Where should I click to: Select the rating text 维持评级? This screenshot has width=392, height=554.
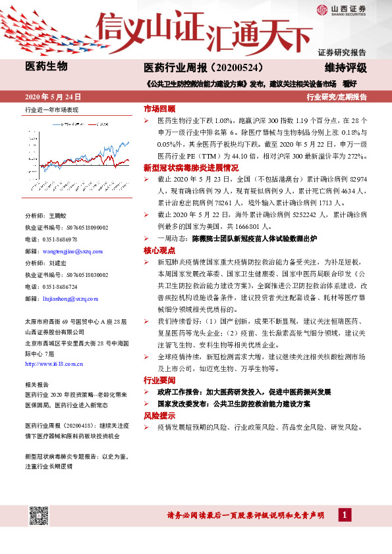click(x=345, y=67)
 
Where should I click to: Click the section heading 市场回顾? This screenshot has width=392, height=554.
click(x=159, y=109)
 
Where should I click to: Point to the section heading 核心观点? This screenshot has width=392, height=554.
click(x=159, y=251)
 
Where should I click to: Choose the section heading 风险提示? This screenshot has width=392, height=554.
click(x=159, y=416)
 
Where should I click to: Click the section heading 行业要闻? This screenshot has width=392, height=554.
click(x=159, y=380)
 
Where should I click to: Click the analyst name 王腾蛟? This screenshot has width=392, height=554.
click(x=58, y=215)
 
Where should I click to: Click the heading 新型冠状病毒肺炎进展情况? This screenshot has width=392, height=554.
click(x=186, y=168)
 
